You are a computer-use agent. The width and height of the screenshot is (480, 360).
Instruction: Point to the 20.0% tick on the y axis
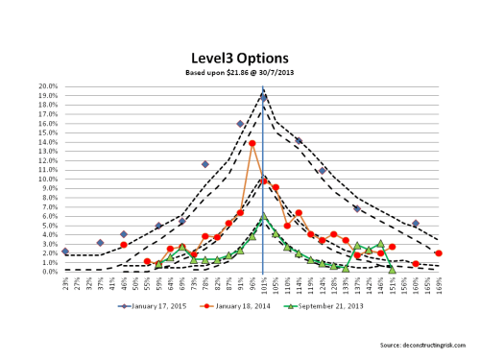pyautogui.click(x=45, y=86)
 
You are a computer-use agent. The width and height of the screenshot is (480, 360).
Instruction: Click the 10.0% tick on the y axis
pyautogui.click(x=45, y=179)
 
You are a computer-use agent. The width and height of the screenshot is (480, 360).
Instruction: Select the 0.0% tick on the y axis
pyautogui.click(x=47, y=271)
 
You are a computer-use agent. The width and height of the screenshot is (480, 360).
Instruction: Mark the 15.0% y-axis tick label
pyautogui.click(x=45, y=132)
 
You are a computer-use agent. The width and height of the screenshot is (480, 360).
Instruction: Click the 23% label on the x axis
pyautogui.click(x=64, y=284)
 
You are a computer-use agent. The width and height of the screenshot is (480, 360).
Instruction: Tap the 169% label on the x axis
pyautogui.click(x=439, y=284)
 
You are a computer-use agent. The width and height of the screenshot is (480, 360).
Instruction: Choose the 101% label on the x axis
pyautogui.click(x=263, y=284)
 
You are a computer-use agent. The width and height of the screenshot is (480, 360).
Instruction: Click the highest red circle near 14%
pyautogui.click(x=252, y=144)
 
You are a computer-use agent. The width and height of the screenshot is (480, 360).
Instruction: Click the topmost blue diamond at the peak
pyautogui.click(x=263, y=98)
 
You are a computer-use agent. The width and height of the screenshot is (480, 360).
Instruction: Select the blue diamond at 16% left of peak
pyautogui.click(x=240, y=124)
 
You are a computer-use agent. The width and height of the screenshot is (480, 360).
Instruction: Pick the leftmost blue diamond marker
pyautogui.click(x=64, y=252)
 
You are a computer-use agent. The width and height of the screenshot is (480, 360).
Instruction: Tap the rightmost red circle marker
pyautogui.click(x=439, y=253)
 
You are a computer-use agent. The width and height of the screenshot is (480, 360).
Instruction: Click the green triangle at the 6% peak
pyautogui.click(x=263, y=217)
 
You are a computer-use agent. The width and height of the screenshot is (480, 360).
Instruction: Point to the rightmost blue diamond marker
pyautogui.click(x=415, y=224)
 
